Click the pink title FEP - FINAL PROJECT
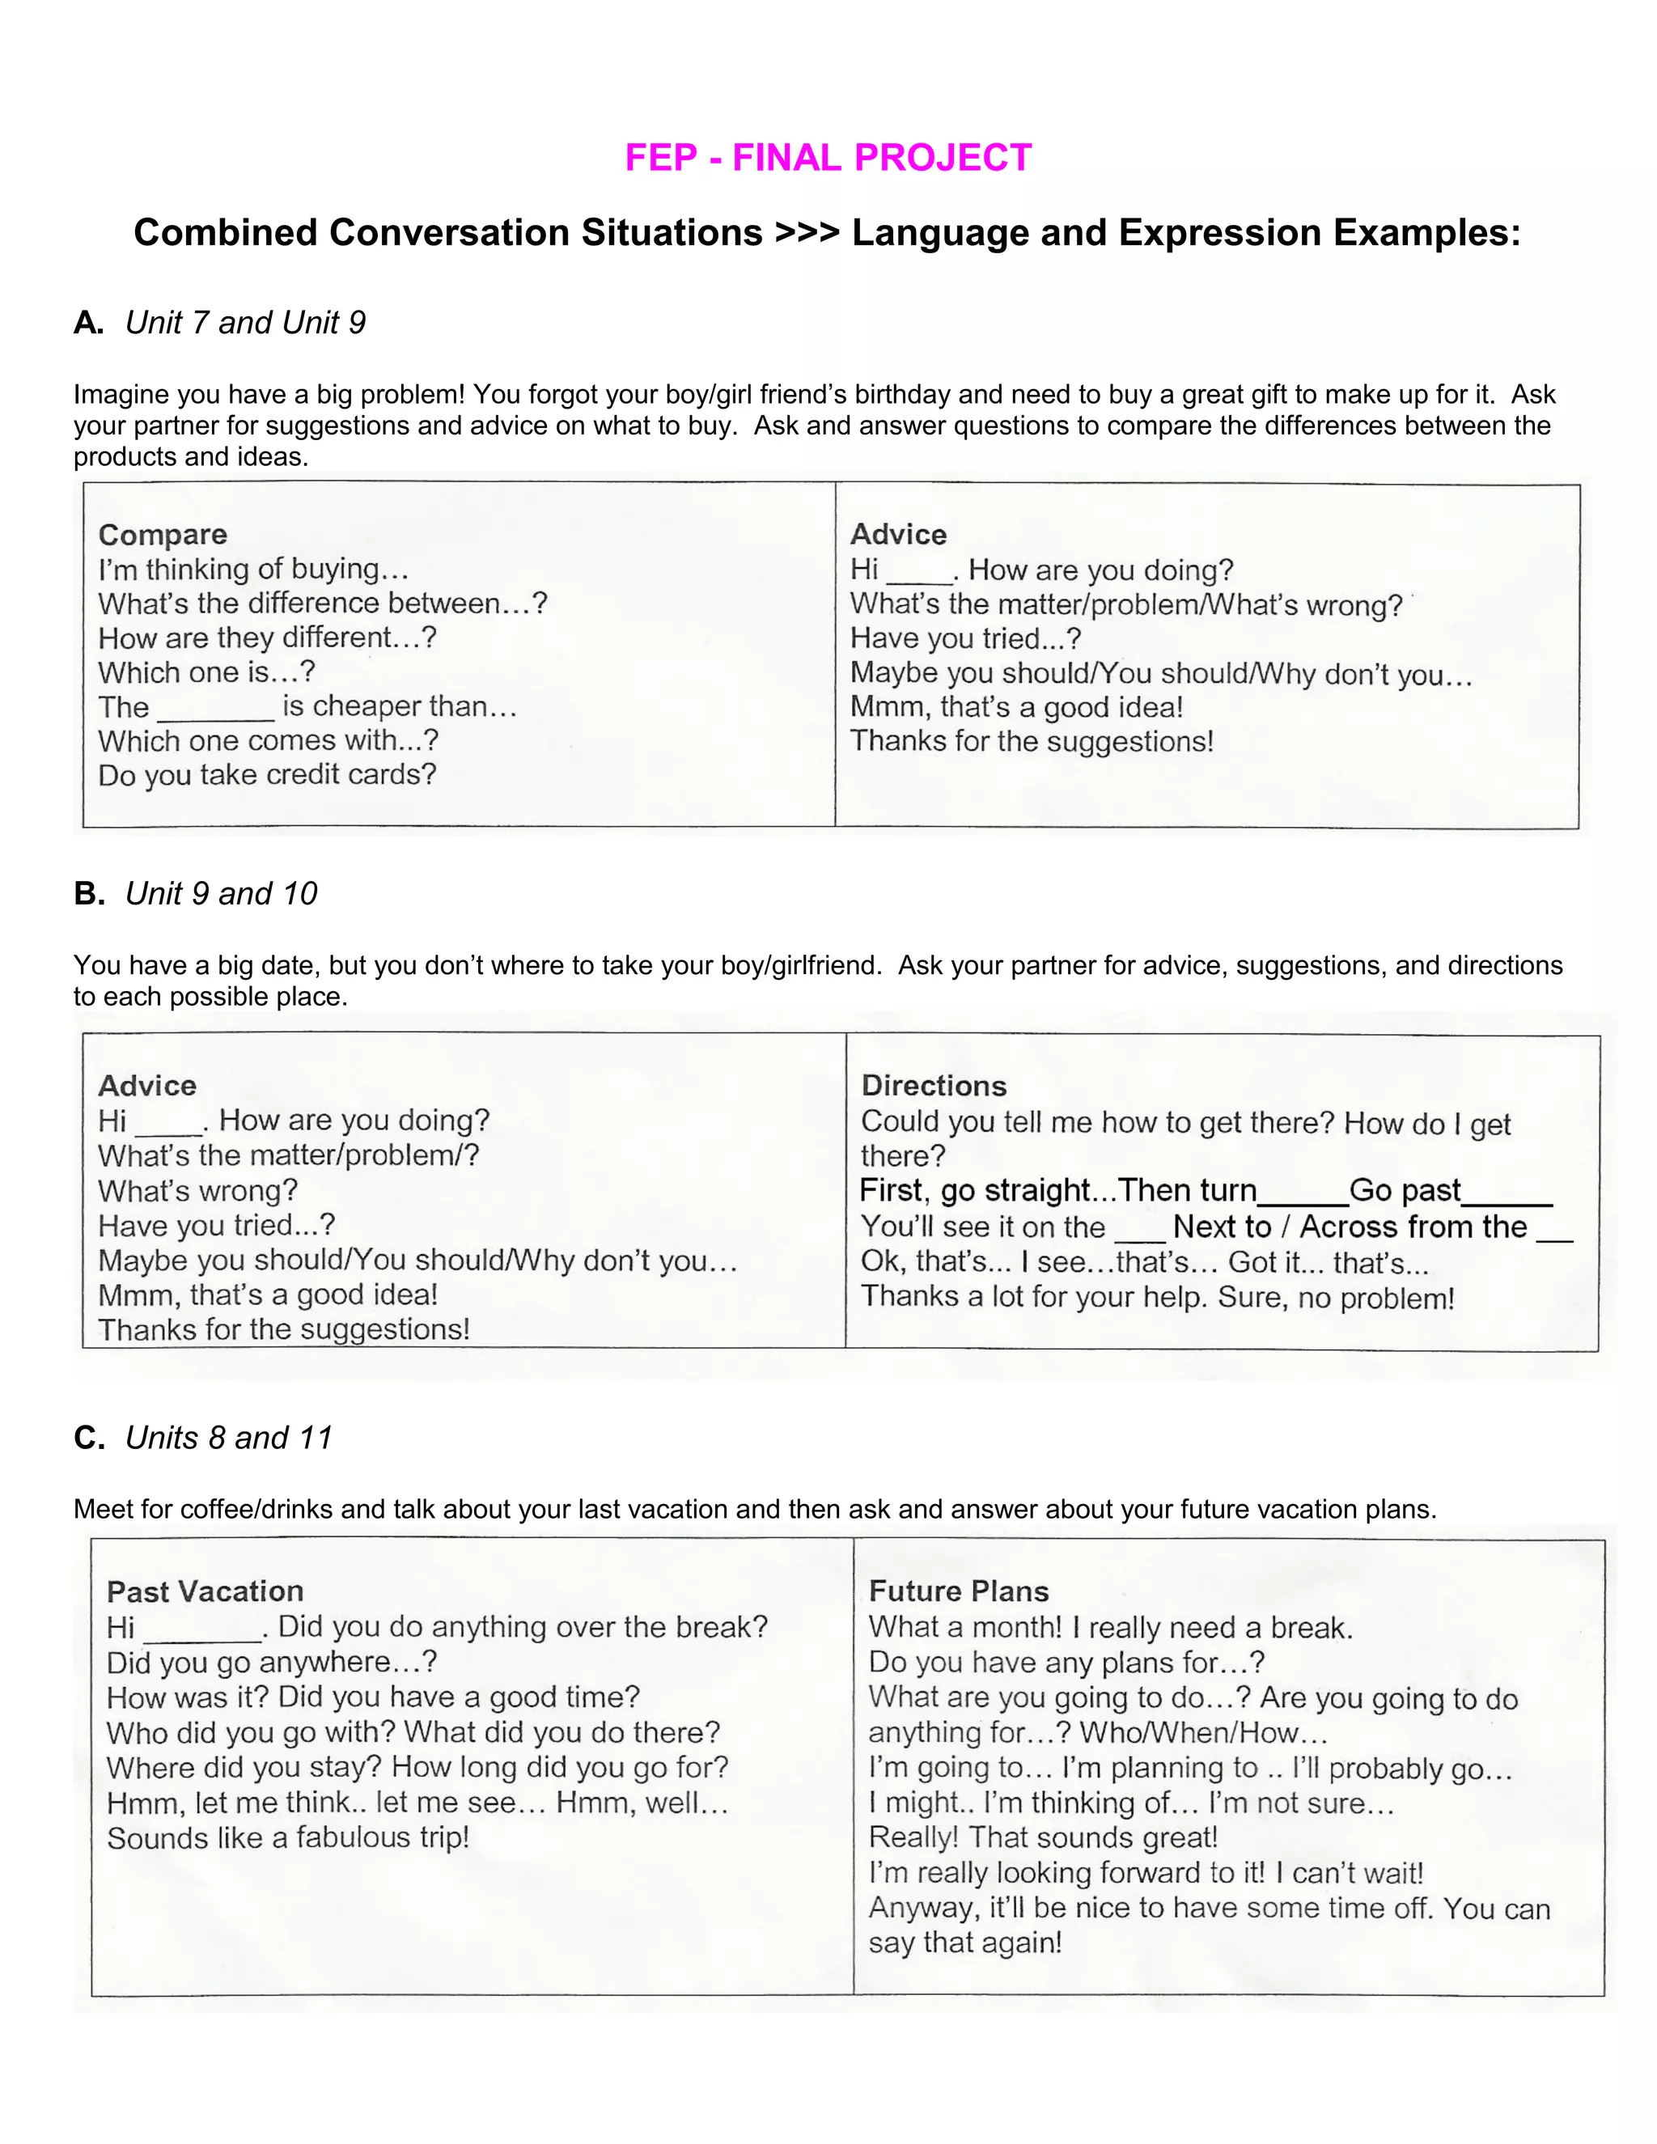click(x=828, y=158)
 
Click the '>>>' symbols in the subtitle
click(x=807, y=234)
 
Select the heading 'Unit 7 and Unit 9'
click(x=245, y=323)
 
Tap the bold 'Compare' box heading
click(x=163, y=534)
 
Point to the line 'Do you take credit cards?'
click(x=267, y=774)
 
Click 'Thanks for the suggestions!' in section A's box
click(x=1032, y=741)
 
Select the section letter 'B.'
click(x=89, y=893)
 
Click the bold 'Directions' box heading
click(x=934, y=1086)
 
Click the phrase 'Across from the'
click(x=1413, y=1227)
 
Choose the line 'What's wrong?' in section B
click(x=197, y=1191)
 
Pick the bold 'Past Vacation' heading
click(x=206, y=1591)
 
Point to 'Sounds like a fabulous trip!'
click(x=287, y=1837)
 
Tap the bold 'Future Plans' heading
click(x=959, y=1591)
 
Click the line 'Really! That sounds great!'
click(x=1042, y=1837)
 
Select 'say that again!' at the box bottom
click(x=965, y=1943)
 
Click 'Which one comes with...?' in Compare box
click(x=268, y=740)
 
